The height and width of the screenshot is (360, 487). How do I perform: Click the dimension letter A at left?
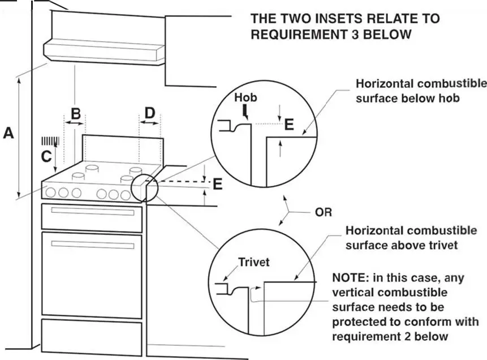[8, 134]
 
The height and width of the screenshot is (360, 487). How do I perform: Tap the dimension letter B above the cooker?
[75, 112]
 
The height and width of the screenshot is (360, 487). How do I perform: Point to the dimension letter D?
[149, 113]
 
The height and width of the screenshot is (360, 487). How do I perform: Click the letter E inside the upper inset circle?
[289, 124]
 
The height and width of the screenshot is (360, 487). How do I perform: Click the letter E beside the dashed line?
[217, 184]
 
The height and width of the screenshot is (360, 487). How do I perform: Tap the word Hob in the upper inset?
[245, 97]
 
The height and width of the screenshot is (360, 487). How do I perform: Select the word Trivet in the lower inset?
[253, 262]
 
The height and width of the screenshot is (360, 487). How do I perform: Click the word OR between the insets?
[323, 213]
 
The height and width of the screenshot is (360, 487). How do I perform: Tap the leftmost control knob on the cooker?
[51, 192]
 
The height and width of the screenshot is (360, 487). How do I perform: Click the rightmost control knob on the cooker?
[126, 195]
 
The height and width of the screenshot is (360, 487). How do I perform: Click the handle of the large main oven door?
[93, 245]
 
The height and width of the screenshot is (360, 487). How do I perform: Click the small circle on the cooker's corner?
[145, 188]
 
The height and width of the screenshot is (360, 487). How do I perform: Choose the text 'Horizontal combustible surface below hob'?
[420, 91]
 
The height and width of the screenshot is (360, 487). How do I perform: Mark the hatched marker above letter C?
[50, 140]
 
